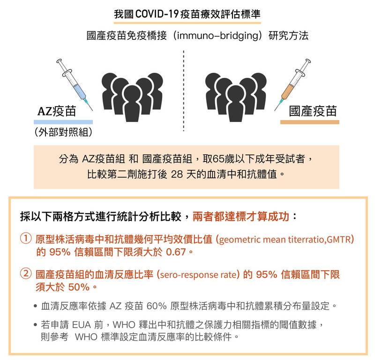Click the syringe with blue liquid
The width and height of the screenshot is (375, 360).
pos(75,84)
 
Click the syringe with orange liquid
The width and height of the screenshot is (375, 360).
pos(292,84)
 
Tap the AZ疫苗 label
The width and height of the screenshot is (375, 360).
pos(57,111)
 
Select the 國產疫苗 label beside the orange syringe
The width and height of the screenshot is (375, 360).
pos(313,111)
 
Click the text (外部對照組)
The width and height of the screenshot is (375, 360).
pos(63,132)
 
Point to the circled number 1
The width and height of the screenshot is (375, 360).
pos(26,238)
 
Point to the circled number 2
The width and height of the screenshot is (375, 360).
pos(26,274)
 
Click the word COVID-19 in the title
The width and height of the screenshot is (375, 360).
pos(157,14)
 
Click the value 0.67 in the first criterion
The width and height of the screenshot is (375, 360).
pos(176,252)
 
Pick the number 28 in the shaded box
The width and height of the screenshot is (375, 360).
pos(177,174)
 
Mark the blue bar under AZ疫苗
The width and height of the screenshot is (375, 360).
pos(63,122)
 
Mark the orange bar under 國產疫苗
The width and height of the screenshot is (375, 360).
pos(310,122)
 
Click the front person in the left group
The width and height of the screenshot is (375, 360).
pos(132,103)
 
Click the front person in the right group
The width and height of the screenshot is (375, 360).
pos(236,103)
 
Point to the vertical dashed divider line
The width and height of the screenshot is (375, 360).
pos(183,91)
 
